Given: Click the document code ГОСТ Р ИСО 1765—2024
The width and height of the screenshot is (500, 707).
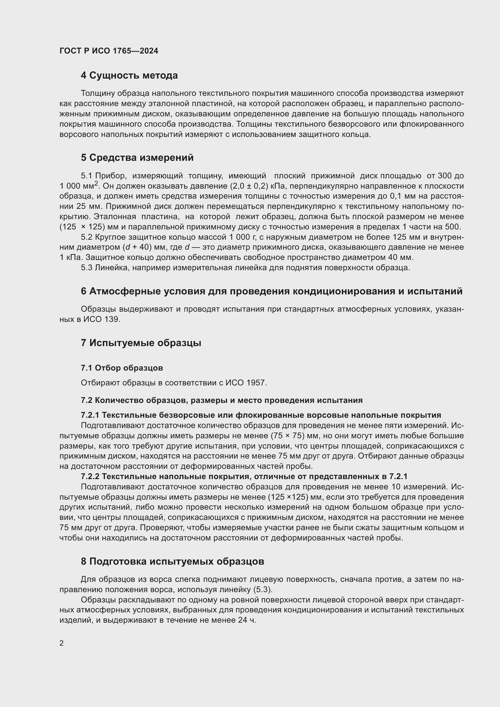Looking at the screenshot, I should pyautogui.click(x=109, y=51).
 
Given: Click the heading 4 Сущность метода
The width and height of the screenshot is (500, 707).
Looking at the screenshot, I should pyautogui.click(x=129, y=76).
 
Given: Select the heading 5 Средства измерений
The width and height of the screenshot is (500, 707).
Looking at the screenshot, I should pyautogui.click(x=137, y=158).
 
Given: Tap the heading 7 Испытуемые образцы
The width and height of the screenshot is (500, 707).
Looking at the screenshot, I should pyautogui.click(x=141, y=343).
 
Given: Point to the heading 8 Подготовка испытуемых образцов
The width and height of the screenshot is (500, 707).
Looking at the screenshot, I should pyautogui.click(x=172, y=561).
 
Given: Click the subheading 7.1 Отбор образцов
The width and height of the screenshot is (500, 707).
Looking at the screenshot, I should pyautogui.click(x=122, y=368).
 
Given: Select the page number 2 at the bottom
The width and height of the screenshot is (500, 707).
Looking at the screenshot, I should pyautogui.click(x=62, y=643).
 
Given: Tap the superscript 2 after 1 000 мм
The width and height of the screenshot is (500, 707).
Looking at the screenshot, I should pyautogui.click(x=96, y=183).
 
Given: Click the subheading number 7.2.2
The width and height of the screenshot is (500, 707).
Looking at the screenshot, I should pyautogui.click(x=90, y=477).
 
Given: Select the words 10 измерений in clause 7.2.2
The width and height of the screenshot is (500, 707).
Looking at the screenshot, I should pyautogui.click(x=420, y=487).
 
